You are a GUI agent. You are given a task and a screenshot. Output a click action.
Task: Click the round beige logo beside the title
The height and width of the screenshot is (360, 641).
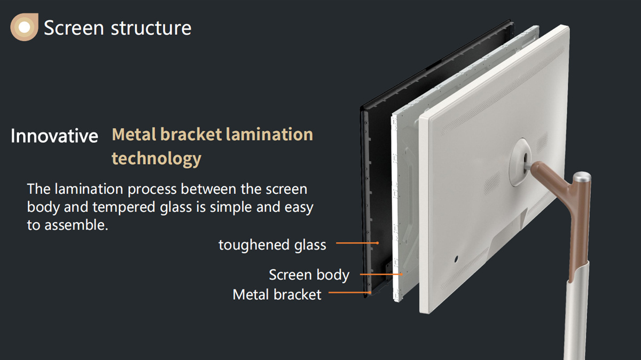(x=25, y=27)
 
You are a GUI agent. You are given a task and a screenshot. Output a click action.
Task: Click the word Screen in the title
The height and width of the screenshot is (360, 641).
(x=74, y=28)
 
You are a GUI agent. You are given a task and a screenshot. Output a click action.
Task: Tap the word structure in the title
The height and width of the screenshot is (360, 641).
(x=151, y=28)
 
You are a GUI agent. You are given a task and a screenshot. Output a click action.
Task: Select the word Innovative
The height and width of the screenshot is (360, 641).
(x=54, y=136)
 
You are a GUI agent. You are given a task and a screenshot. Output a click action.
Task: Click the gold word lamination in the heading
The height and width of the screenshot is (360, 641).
(x=269, y=134)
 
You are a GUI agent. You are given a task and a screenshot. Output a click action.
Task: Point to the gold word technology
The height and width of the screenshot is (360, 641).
(x=157, y=159)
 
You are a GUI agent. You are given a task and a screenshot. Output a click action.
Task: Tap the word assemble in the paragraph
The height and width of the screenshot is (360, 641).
(x=76, y=225)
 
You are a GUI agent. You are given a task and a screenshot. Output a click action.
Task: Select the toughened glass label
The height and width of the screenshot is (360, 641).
(x=272, y=245)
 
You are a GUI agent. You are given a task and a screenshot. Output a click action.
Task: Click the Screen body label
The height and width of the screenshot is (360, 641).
(x=309, y=275)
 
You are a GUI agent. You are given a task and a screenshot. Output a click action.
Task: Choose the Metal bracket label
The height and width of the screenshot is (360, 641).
(x=277, y=294)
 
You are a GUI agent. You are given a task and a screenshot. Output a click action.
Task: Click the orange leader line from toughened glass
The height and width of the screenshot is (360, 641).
(x=357, y=243)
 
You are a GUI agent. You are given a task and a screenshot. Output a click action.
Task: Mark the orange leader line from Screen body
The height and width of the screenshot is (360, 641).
(x=381, y=274)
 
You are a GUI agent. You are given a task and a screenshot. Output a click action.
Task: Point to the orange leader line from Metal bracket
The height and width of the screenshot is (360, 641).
(x=350, y=293)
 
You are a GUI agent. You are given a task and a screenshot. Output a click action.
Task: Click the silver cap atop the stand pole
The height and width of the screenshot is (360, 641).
(x=582, y=177)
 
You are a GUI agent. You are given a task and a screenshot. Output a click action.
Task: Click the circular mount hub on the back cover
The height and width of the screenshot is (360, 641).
(x=520, y=162)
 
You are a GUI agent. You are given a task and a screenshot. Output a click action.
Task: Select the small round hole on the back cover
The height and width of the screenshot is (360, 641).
(x=456, y=259)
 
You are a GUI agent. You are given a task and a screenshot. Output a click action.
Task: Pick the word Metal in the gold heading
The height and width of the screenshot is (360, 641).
(x=135, y=134)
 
